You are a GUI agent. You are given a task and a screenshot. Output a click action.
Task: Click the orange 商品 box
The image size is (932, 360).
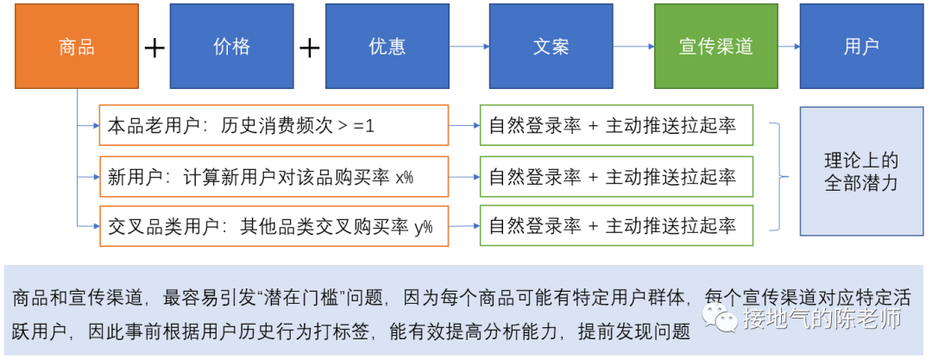(76, 47)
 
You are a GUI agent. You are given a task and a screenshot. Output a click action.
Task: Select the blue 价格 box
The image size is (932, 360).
(224, 47)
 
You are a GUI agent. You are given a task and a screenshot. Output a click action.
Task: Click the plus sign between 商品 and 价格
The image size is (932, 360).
(154, 47)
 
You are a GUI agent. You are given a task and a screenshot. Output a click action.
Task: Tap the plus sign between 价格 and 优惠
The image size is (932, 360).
(309, 47)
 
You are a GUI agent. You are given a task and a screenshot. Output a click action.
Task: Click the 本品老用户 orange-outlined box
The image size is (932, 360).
(274, 126)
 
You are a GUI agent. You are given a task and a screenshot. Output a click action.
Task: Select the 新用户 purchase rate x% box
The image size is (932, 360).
(274, 176)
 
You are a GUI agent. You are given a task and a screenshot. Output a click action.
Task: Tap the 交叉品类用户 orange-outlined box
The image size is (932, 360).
(274, 226)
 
